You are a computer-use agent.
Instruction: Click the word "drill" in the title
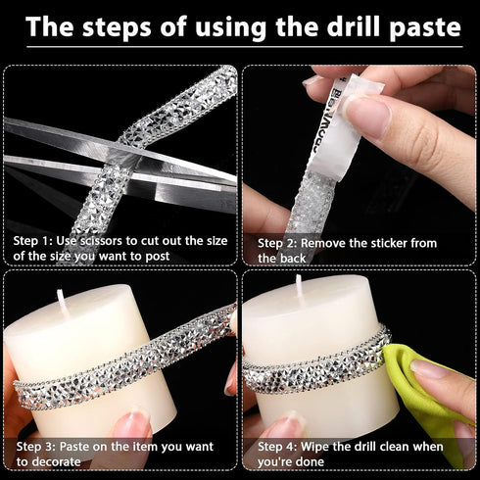354,26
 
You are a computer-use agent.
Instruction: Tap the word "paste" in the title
425,28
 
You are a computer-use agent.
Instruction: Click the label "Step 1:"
32,241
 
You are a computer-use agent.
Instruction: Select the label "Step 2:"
277,243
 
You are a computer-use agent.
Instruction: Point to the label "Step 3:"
36,447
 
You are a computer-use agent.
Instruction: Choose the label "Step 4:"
277,447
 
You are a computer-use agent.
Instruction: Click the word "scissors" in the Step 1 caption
101,241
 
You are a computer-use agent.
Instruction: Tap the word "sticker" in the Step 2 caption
370,243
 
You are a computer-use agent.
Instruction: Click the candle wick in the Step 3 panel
62,301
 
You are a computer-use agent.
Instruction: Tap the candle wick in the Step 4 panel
300,286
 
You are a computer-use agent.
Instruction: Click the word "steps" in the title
118,27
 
